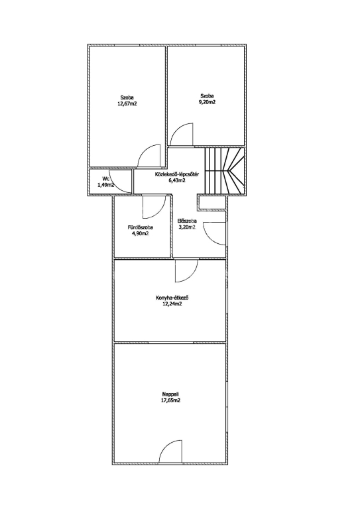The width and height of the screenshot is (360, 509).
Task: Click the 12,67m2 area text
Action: pyautogui.click(x=127, y=104)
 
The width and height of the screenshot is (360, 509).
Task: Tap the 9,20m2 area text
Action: pyautogui.click(x=208, y=102)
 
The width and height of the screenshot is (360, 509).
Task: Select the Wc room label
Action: pyautogui.click(x=105, y=178)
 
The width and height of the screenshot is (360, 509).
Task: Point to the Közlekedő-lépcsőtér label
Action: pyautogui.click(x=176, y=175)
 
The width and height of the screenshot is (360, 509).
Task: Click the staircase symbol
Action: pyautogui.click(x=224, y=171)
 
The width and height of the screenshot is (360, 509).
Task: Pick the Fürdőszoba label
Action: pyautogui.click(x=141, y=227)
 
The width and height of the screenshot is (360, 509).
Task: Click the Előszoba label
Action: pyautogui.click(x=188, y=221)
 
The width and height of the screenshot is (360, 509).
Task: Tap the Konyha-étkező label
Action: pyautogui.click(x=172, y=298)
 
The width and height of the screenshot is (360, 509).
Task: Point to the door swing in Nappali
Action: pyautogui.click(x=170, y=451)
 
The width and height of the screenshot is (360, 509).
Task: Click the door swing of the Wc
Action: pyautogui.click(x=120, y=181)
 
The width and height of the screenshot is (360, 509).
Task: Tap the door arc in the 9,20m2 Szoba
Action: pyautogui.click(x=182, y=133)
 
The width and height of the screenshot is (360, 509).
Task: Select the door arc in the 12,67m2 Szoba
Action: pyautogui.click(x=149, y=156)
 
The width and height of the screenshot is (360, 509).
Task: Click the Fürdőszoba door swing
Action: pyautogui.click(x=154, y=207)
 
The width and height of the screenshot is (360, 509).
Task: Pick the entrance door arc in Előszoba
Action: pyautogui.click(x=214, y=234)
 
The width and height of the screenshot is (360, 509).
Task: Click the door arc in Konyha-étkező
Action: pyautogui.click(x=186, y=270)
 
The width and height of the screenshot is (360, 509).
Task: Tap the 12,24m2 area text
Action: pyautogui.click(x=172, y=304)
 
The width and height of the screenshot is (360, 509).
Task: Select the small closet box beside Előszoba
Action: pyautogui.click(x=211, y=203)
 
